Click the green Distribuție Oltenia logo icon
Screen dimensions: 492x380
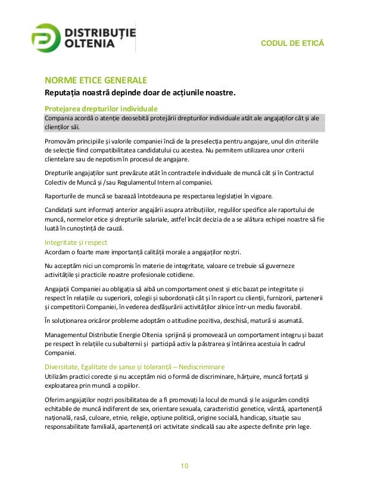click(x=46, y=39)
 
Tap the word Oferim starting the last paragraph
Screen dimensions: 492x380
click(x=55, y=398)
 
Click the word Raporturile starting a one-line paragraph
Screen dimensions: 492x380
click(x=65, y=195)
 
